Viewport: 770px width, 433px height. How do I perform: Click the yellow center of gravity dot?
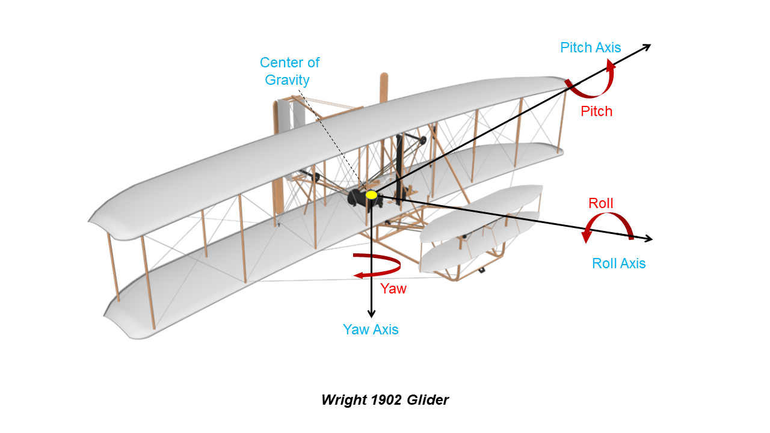coord(371,195)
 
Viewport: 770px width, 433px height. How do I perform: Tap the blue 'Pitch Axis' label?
coord(590,48)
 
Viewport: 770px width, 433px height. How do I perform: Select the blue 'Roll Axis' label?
coord(618,263)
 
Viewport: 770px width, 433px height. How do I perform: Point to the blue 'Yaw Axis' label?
coord(371,330)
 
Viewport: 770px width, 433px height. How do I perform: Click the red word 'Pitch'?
coord(596,111)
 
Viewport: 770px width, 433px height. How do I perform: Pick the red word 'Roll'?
coord(600,203)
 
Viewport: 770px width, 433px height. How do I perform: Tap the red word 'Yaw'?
coord(393,289)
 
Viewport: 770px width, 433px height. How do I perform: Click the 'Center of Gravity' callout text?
coord(289,71)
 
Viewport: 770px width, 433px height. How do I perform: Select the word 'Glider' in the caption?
coord(427,400)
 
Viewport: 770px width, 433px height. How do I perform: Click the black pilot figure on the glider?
coord(357,198)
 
